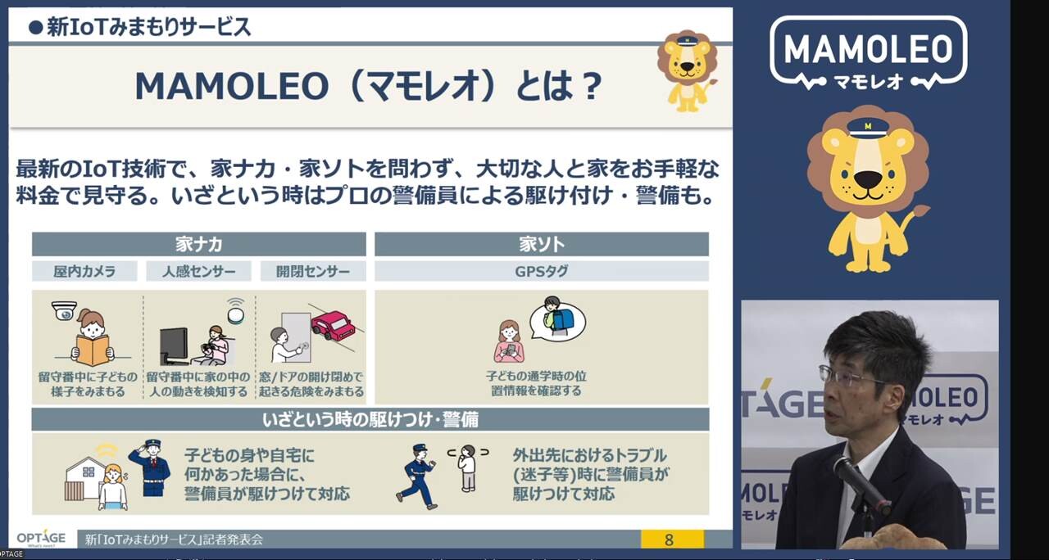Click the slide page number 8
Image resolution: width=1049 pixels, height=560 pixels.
click(668, 540)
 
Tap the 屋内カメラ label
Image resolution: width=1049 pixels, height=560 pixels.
click(84, 271)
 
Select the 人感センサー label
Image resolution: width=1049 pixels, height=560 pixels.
click(198, 271)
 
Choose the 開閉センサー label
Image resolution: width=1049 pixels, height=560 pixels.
click(313, 271)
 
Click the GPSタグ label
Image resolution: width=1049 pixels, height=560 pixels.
click(542, 271)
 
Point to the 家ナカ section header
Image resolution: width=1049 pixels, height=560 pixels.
click(198, 244)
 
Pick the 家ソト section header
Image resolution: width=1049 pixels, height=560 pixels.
click(542, 244)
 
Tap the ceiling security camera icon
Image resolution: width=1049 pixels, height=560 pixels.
click(64, 310)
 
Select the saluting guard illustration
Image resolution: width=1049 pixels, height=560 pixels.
click(150, 467)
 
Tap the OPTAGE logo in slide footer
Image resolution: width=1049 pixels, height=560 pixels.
click(41, 539)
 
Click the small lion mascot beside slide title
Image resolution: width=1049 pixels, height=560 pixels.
click(688, 71)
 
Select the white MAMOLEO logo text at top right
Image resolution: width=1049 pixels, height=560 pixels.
click(868, 48)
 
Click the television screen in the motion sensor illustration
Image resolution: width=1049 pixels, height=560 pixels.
click(175, 345)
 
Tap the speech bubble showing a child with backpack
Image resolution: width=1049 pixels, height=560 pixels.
click(557, 318)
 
